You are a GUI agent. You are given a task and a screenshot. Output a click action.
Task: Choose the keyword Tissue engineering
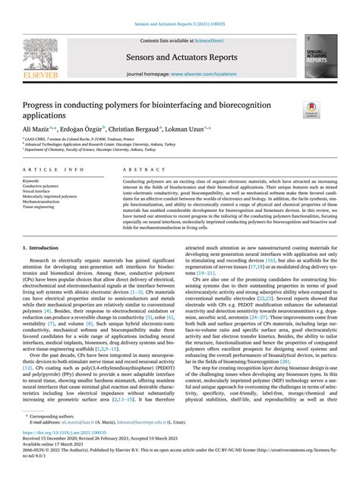[41, 208]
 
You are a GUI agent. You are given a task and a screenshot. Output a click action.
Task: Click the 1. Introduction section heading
[42, 248]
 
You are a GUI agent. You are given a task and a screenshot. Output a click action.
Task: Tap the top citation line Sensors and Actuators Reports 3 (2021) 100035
[180, 11]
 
